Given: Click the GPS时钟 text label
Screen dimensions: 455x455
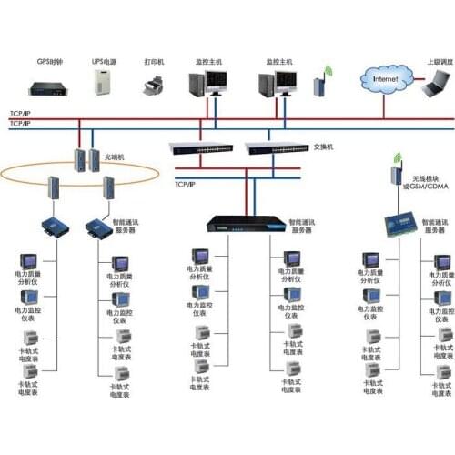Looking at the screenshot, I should coord(50,63).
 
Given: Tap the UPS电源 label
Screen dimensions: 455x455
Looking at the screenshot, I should coord(103,63).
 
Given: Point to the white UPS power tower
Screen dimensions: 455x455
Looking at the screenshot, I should coord(103,84).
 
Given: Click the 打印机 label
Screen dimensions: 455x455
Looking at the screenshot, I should coord(153,63).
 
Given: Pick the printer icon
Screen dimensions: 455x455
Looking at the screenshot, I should coord(153,86).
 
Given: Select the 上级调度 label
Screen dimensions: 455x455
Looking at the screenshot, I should coord(438,63).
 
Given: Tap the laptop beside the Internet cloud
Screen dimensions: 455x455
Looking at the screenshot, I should coord(438,88).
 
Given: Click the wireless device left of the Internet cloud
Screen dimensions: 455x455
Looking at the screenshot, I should coord(319,87).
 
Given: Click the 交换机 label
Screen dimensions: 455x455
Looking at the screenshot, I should coord(324,147).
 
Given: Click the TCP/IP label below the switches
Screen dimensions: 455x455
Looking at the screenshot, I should coord(185,185).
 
